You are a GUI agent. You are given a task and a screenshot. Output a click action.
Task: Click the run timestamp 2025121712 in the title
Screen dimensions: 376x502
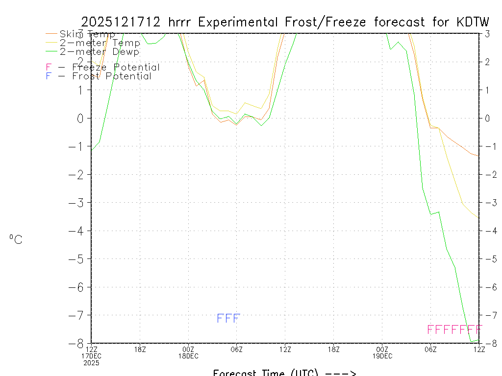tap(121, 22)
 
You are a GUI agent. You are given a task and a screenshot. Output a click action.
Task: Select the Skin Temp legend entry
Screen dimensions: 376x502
tap(87, 34)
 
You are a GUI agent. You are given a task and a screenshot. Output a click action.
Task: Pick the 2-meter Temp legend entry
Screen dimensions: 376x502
tap(100, 43)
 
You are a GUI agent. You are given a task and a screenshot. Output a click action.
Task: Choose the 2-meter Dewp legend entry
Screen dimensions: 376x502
tap(100, 52)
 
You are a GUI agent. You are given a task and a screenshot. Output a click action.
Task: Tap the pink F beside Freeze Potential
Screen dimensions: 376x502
tap(48, 68)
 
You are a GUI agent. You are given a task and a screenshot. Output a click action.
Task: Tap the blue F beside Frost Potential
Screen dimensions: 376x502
tap(48, 76)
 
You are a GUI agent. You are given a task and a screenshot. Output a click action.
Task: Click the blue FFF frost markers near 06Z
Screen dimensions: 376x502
tap(228, 319)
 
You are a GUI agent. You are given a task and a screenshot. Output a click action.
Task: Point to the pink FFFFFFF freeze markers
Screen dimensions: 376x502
tap(455, 329)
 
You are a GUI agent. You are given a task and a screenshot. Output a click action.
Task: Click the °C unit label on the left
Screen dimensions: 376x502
tap(16, 240)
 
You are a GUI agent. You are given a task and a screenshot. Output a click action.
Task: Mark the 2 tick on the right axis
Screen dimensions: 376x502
tap(488, 62)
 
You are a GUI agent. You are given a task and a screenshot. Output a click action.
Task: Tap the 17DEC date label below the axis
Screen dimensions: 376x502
tap(91, 356)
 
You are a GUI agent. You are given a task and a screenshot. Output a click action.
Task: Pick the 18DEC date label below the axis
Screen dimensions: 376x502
tap(188, 356)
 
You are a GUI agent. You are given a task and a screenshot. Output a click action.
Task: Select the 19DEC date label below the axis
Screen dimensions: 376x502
tap(382, 356)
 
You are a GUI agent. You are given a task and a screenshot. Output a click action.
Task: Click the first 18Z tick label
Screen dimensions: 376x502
tap(140, 349)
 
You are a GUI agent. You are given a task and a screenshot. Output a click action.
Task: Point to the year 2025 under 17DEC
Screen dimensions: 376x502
tap(91, 363)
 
